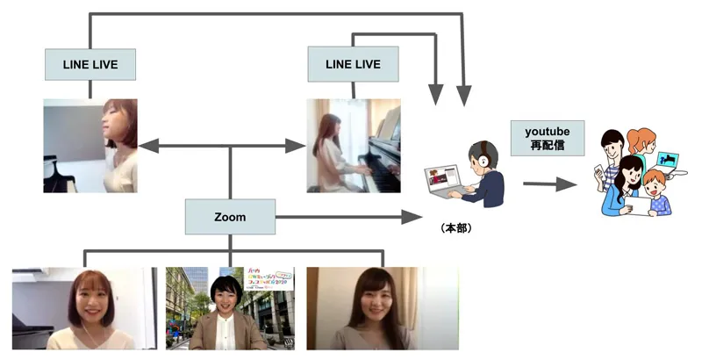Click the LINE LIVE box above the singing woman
point(90,64)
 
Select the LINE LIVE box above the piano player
point(353,64)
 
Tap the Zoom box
point(230,216)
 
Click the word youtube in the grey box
point(548,131)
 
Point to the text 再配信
point(548,146)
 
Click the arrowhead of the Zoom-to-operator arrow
point(412,216)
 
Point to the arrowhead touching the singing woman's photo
point(145,146)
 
